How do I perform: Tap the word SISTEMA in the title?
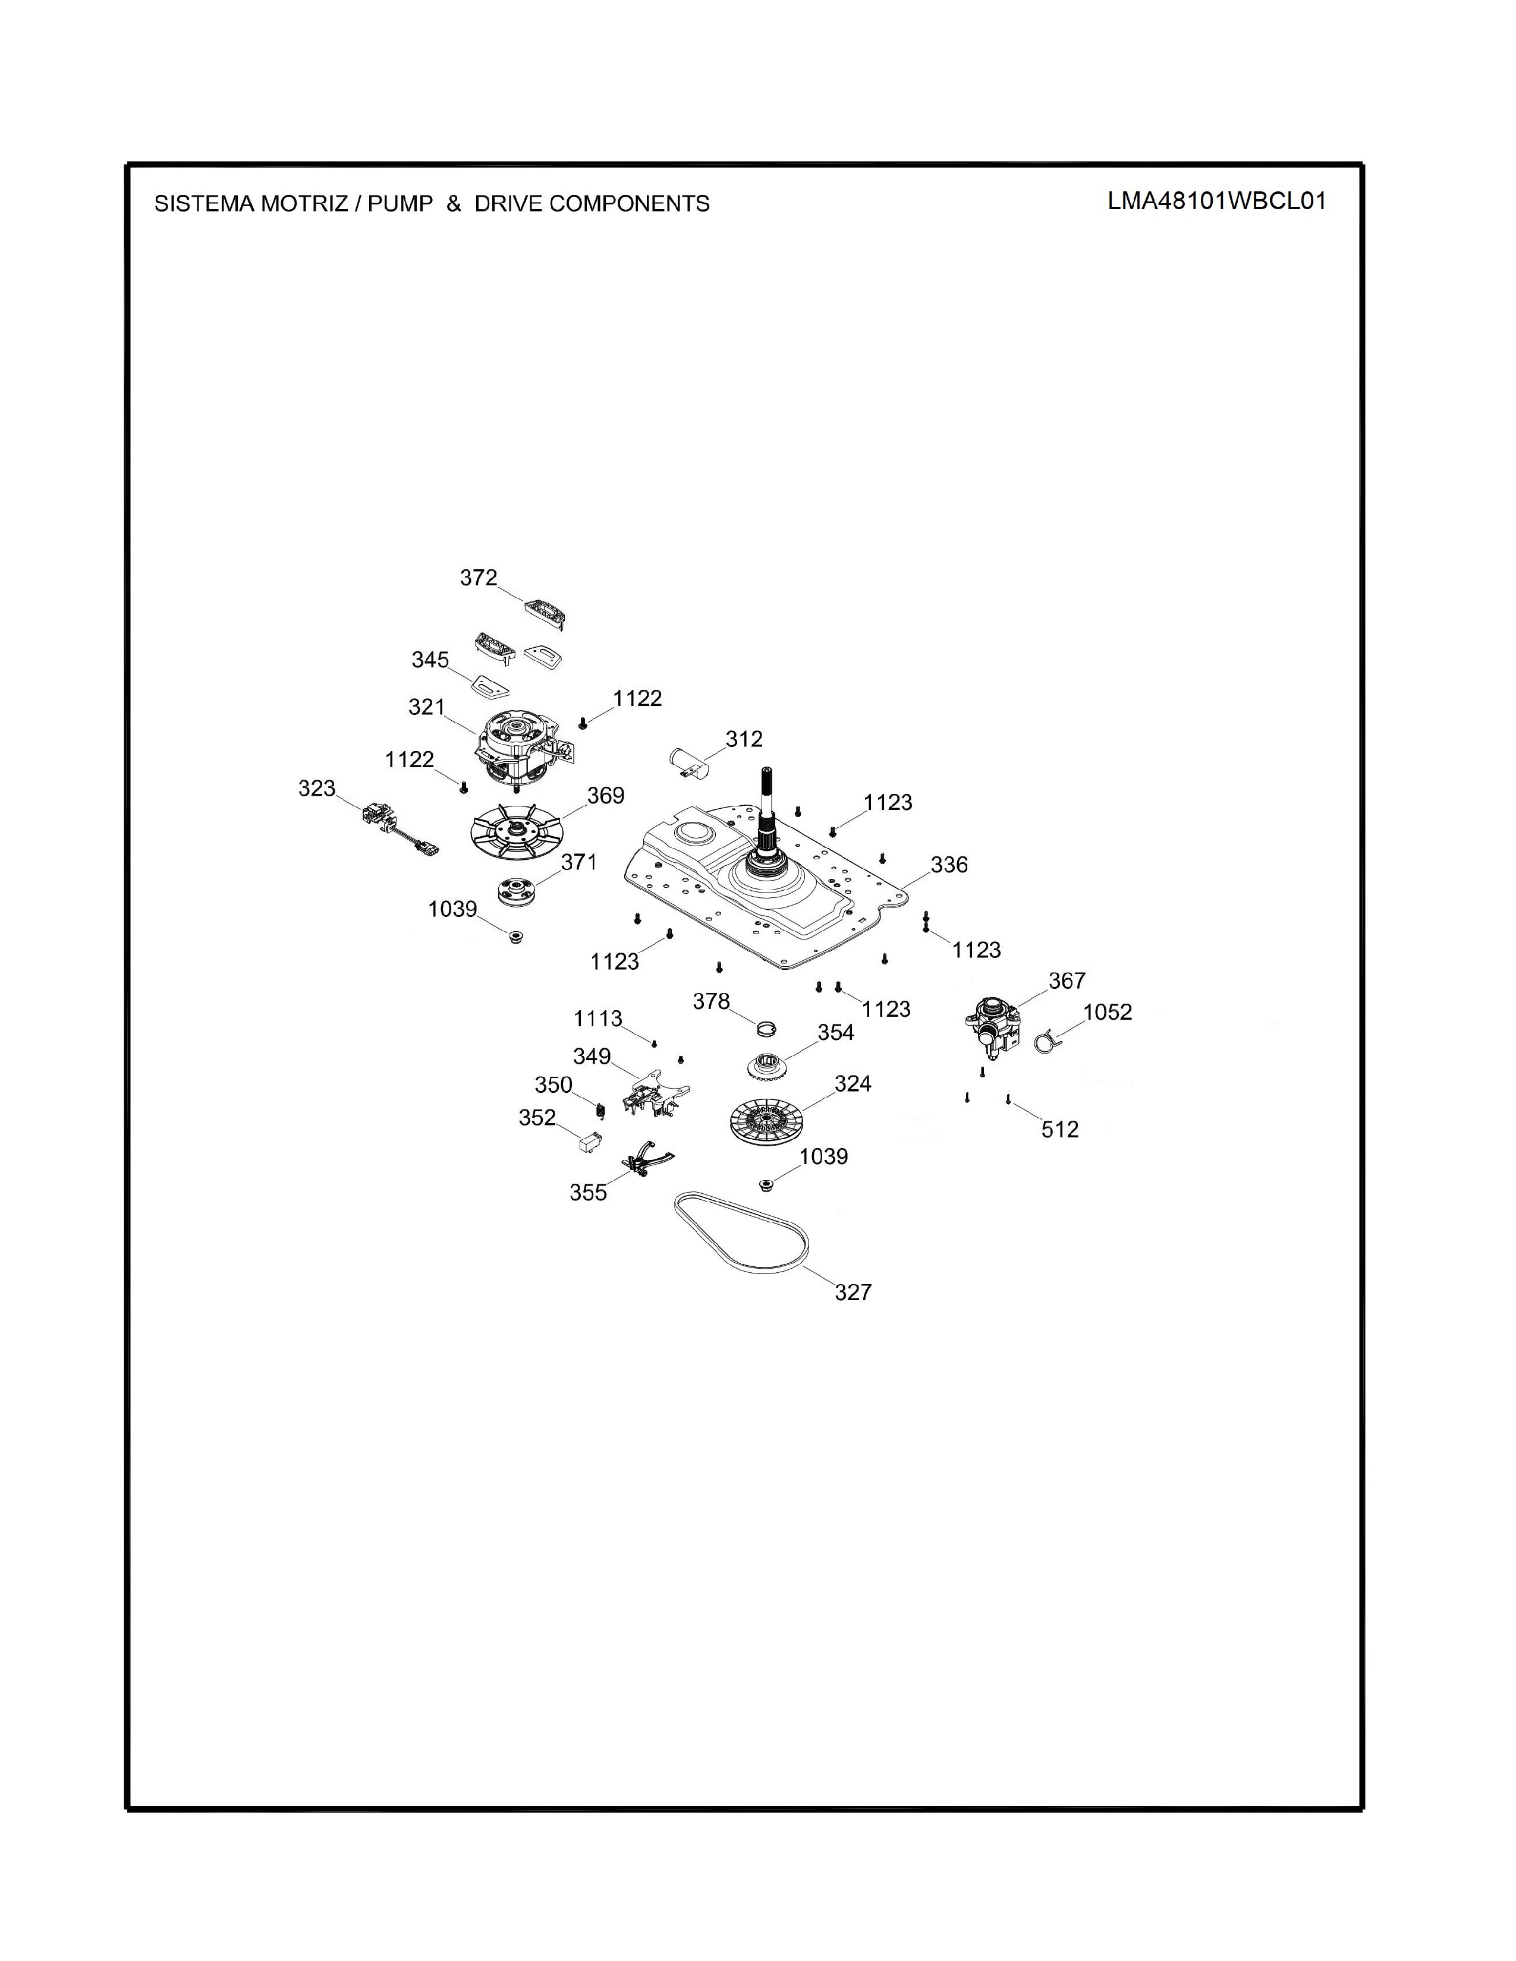tap(204, 204)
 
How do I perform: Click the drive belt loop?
tap(742, 1231)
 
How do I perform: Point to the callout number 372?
tap(479, 578)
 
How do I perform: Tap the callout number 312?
tap(744, 739)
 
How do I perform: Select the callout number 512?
tap(1060, 1130)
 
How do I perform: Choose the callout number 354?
tap(835, 1033)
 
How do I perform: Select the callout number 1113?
tap(598, 1019)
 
